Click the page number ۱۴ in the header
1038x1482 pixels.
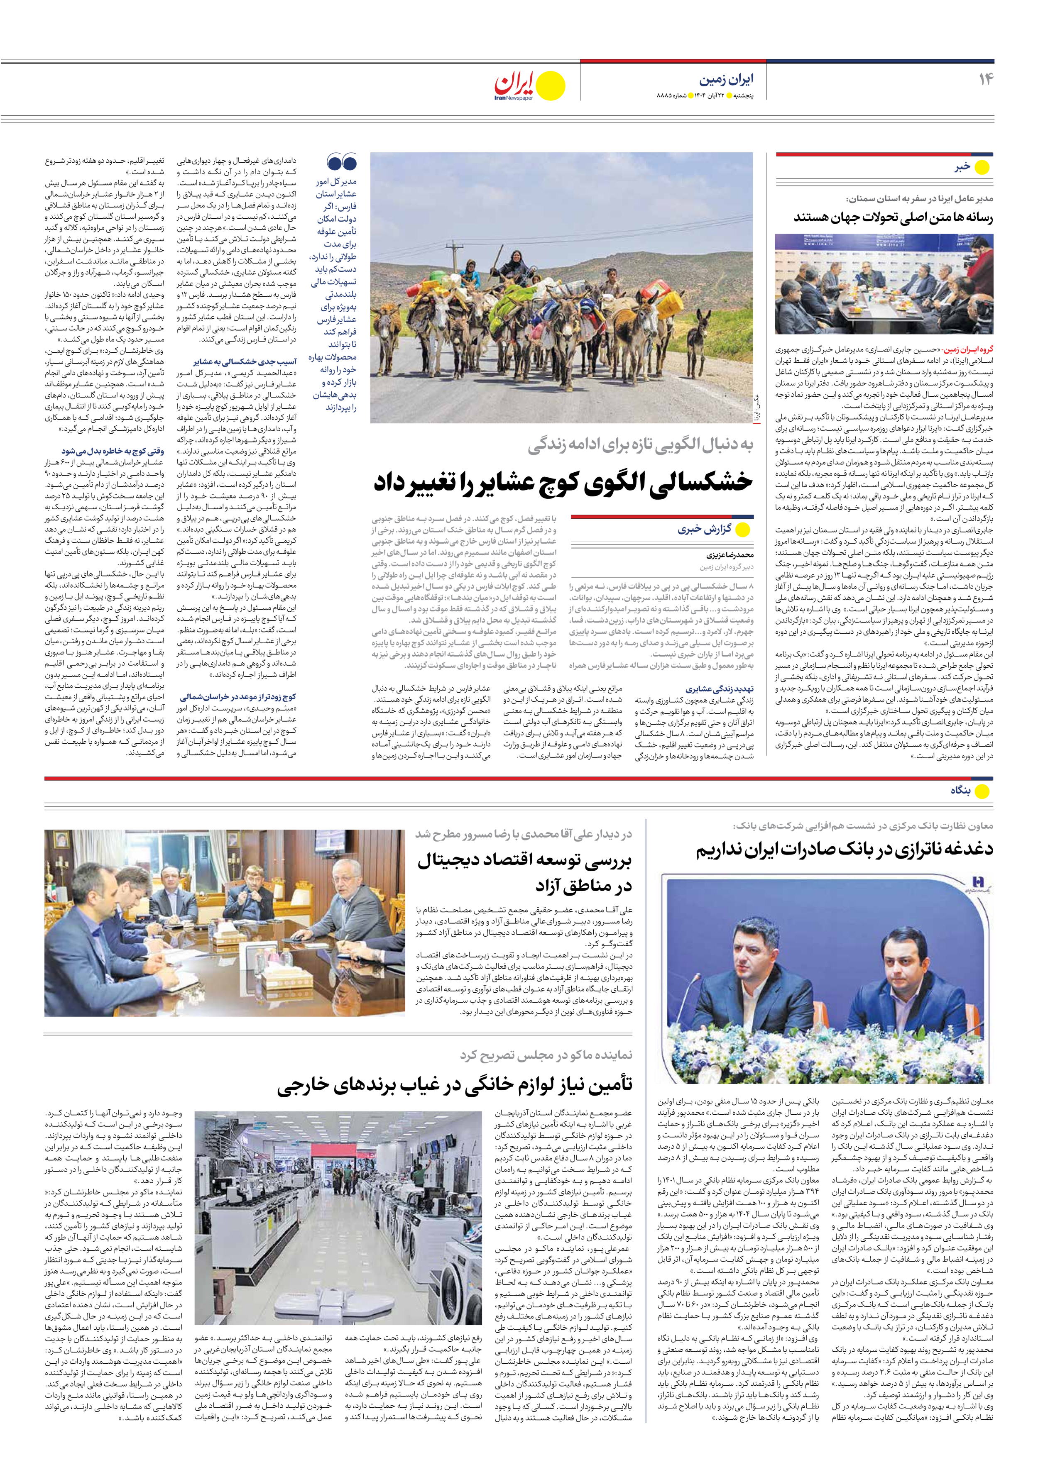tap(985, 79)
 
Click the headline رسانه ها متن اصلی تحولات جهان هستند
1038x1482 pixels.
tap(894, 217)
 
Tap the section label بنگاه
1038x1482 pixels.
tap(960, 791)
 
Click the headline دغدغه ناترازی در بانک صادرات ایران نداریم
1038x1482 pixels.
tap(844, 850)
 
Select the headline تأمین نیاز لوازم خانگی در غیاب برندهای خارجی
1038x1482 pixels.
tap(455, 1086)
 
